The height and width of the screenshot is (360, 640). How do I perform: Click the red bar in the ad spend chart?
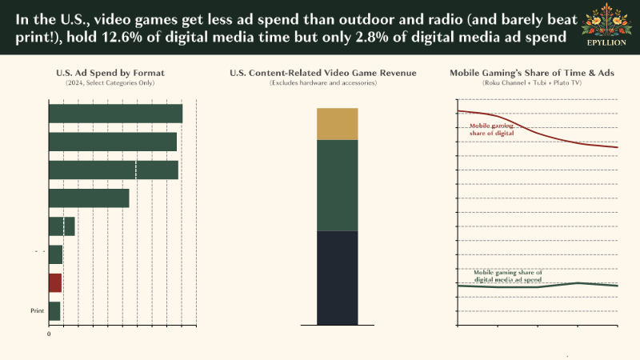55,282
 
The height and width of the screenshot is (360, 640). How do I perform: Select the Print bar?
54,310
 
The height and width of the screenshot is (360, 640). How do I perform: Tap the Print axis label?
37,310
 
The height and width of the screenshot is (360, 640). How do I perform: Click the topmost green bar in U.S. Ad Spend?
115,114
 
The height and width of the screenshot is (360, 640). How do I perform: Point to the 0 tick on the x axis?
50,333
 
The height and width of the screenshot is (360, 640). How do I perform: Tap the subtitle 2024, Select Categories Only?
110,83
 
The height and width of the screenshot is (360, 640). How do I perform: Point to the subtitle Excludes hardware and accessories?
323,83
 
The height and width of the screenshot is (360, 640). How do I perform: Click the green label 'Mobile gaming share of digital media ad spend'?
508,276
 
